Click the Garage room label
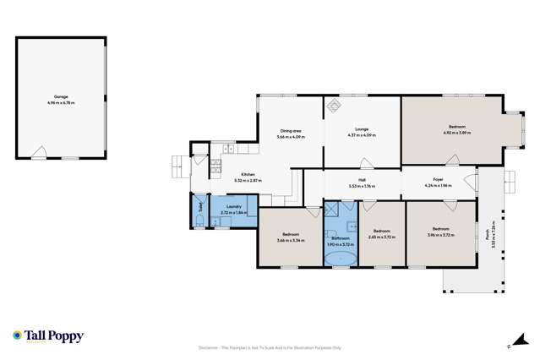(61, 97)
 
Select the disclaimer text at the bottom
(269, 346)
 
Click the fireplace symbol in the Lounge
(333, 106)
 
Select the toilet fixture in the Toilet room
(198, 221)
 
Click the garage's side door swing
(39, 152)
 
